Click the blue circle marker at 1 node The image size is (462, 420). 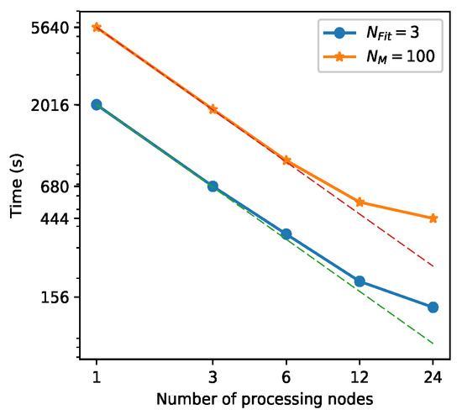[x=97, y=104]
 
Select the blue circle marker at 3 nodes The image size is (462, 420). [x=213, y=186]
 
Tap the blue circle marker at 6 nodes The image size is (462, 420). [x=286, y=234]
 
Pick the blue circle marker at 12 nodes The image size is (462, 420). [x=360, y=281]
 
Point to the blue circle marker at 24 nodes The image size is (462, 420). [x=433, y=307]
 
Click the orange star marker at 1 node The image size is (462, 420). [x=97, y=27]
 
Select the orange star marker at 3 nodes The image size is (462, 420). [x=213, y=109]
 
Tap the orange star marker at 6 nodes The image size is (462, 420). [x=286, y=160]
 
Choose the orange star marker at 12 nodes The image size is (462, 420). [x=360, y=202]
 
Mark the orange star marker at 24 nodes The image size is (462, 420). [x=433, y=218]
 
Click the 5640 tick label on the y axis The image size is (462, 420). [x=60, y=28]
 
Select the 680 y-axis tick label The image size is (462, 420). [x=64, y=186]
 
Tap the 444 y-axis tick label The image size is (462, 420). [x=64, y=219]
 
